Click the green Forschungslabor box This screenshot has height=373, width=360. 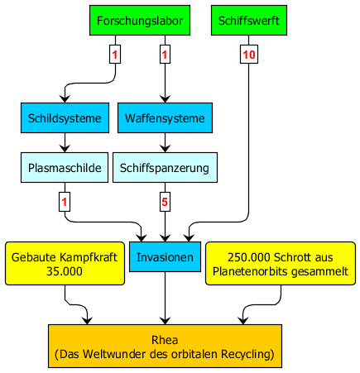(x=140, y=20)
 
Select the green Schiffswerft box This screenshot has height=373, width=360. (x=249, y=20)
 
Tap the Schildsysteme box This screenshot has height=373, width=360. (x=65, y=118)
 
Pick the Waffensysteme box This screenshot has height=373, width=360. (x=165, y=118)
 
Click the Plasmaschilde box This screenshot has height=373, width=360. (x=65, y=168)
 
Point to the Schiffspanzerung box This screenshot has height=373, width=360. (x=165, y=168)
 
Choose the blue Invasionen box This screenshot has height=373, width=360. (x=165, y=257)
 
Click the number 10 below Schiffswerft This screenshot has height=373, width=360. (x=249, y=55)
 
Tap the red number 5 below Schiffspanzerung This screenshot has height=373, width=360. (x=165, y=202)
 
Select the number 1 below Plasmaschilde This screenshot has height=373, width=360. (x=65, y=202)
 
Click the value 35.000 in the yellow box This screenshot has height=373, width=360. (x=65, y=271)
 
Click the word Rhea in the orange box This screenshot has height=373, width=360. (x=165, y=340)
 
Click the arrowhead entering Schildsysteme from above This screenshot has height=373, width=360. (x=65, y=99)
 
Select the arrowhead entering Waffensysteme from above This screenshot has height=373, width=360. (x=165, y=99)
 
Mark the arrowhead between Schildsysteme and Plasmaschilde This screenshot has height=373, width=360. (x=65, y=149)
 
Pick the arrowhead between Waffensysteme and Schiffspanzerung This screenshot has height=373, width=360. (x=165, y=149)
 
